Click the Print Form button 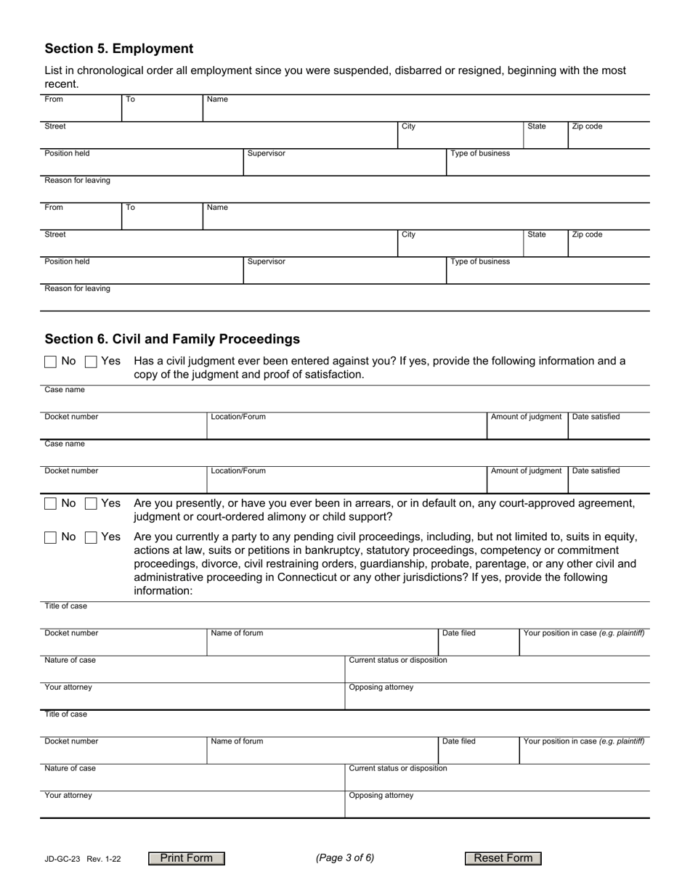187,858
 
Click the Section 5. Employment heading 119,49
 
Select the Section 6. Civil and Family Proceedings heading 172,339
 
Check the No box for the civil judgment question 51,362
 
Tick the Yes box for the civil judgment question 92,362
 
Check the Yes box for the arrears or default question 92,504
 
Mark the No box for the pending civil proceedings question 51,538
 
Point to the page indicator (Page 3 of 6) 345,858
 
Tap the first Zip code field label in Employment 587,126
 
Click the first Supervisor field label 266,153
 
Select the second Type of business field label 480,261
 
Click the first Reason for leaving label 78,180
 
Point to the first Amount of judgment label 526,417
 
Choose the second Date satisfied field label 596,470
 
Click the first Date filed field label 459,633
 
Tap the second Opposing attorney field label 381,795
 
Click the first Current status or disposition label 398,660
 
